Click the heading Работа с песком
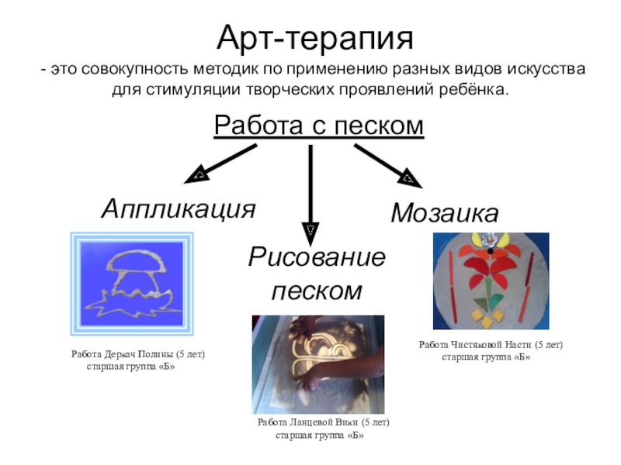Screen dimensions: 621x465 (x=319, y=126)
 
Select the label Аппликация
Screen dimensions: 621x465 (x=179, y=208)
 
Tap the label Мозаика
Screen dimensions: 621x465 (x=444, y=212)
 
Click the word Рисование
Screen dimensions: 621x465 (x=317, y=257)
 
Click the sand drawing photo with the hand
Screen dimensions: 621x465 (x=317, y=363)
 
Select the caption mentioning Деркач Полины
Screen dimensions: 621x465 (x=137, y=354)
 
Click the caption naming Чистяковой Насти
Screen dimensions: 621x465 (x=491, y=345)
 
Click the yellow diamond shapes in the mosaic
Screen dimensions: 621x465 (x=488, y=319)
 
